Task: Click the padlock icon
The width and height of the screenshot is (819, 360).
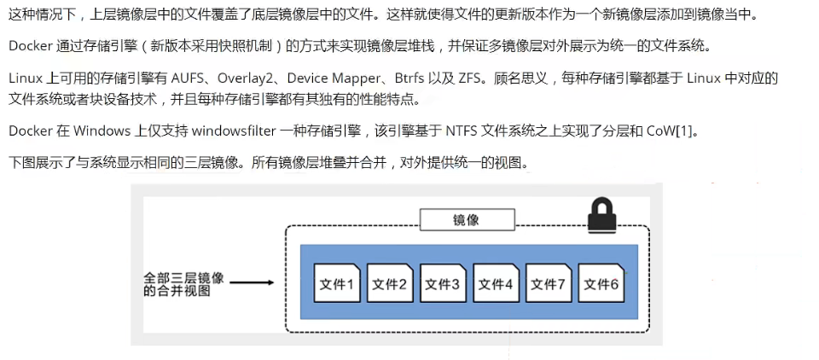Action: click(601, 214)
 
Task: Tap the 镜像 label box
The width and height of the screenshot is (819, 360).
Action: click(467, 220)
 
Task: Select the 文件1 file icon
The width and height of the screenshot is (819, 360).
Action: click(337, 282)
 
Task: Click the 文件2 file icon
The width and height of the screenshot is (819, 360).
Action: click(390, 282)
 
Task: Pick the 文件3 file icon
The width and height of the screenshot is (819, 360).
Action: click(443, 282)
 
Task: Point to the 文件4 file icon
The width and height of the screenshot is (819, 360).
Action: click(496, 282)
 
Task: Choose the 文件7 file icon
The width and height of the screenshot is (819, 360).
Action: click(549, 282)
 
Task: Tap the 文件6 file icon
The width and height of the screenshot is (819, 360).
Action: click(601, 282)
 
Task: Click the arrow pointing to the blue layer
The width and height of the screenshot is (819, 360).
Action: click(252, 282)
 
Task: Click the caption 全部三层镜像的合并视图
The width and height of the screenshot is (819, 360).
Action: click(183, 284)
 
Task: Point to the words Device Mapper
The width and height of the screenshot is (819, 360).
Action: click(334, 78)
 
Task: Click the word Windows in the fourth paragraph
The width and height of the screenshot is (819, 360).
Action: click(102, 131)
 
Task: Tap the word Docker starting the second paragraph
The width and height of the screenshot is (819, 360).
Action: click(31, 46)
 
